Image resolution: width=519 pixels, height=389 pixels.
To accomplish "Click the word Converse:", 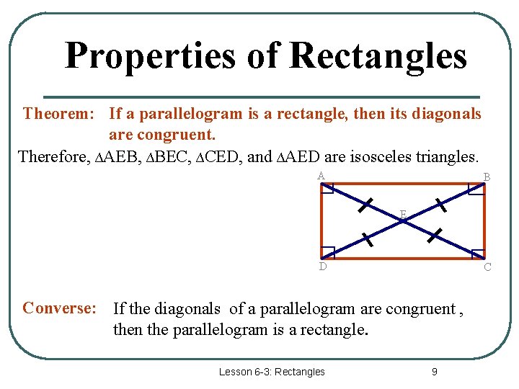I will pos(59,308).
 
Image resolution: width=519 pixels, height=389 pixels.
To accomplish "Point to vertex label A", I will pos(320,176).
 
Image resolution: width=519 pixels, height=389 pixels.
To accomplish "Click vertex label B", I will pos(487,177).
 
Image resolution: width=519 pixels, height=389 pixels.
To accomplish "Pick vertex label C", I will pos(487,267).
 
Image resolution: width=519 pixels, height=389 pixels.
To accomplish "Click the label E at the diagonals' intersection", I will pos(403,213).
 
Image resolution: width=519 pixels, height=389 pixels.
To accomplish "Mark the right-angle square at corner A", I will pos(327,189).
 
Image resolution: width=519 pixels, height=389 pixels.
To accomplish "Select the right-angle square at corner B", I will pos(476,189).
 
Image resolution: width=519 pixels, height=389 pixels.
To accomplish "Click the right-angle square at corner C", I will pos(477,253).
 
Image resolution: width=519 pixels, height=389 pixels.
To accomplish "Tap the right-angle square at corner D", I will pos(328,252).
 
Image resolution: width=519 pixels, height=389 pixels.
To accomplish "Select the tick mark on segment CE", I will pos(435,235).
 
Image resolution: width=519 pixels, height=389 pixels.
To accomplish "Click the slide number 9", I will pos(434,372).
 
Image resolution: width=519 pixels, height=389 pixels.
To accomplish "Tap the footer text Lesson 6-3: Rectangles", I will pos(272,372).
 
